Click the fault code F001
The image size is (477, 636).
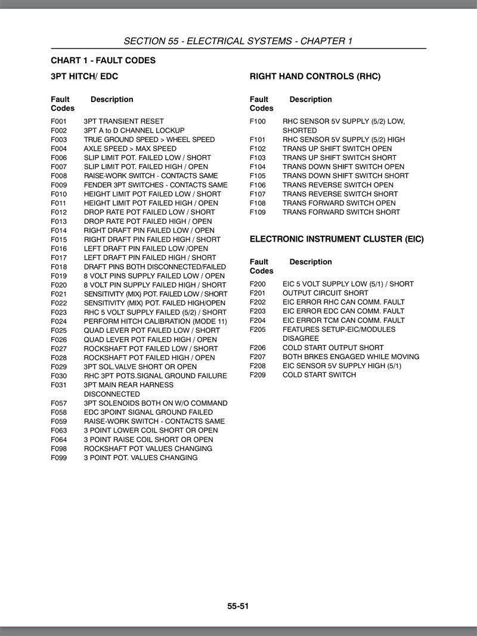tap(58, 121)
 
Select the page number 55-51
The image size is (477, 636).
tap(238, 606)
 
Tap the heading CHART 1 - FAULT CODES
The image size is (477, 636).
tap(103, 60)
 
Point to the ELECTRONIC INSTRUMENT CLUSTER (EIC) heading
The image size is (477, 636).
tap(336, 239)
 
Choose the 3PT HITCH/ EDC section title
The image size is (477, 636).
tap(85, 76)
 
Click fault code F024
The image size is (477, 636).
tap(58, 321)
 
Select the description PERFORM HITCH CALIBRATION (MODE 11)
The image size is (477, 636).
tap(155, 321)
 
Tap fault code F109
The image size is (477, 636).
tap(258, 212)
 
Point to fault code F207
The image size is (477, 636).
tap(258, 357)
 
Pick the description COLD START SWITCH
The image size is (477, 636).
tap(319, 375)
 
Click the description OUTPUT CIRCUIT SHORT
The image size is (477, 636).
tap(325, 293)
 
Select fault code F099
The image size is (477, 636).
tap(58, 458)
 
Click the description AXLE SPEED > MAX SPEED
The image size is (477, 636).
tap(130, 149)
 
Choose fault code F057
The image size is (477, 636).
tap(58, 403)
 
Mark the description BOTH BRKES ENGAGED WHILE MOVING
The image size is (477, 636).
tap(351, 357)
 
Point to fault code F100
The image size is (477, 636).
tap(258, 121)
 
